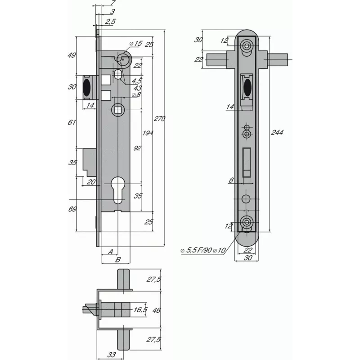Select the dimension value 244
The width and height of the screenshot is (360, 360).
coord(278,132)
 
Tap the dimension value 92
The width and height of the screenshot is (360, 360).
coord(138,148)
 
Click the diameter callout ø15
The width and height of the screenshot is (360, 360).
coord(135,44)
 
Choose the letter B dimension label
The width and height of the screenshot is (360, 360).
coord(117,260)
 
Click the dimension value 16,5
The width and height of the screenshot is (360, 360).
coord(140,310)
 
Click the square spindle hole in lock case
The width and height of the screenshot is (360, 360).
coord(117,109)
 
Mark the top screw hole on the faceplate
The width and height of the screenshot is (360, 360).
coord(247,46)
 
